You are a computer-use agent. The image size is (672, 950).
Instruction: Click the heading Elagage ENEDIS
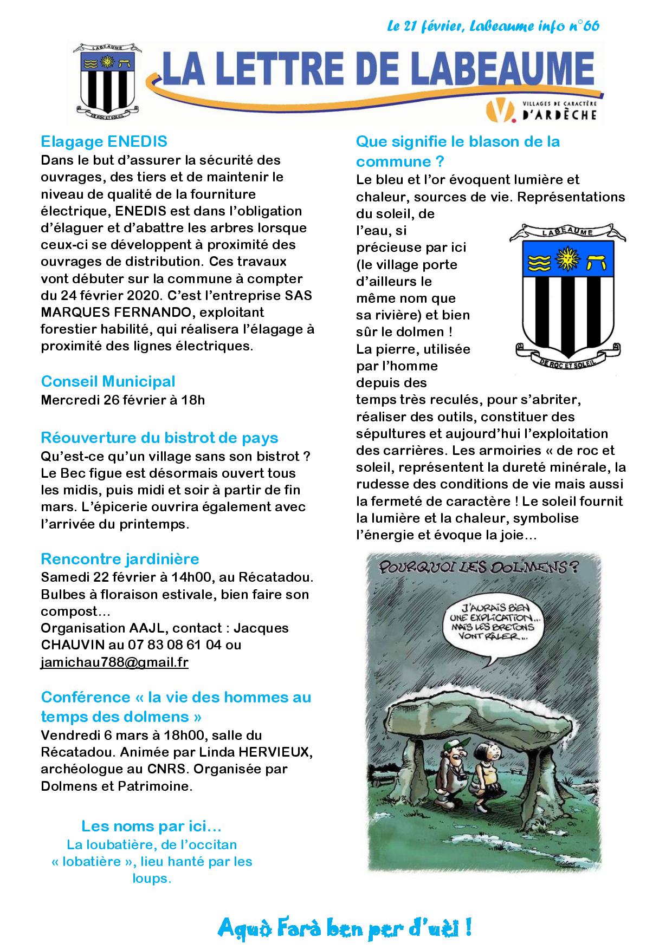(104, 142)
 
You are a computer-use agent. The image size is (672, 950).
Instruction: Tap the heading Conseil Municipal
(108, 381)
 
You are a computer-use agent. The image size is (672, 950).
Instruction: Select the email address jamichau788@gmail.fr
(114, 662)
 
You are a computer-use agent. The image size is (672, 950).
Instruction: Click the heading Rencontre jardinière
(120, 558)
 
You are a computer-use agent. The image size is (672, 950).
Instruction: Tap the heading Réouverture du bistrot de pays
(159, 438)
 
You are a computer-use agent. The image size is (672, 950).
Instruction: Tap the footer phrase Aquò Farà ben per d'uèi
(344, 928)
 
